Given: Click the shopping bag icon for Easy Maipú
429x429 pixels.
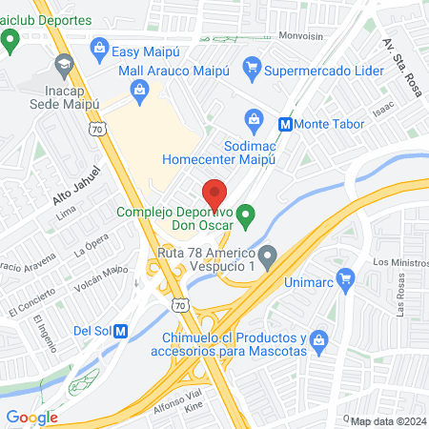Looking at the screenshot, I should click(99, 46).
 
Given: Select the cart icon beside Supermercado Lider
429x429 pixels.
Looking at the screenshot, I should click(252, 66).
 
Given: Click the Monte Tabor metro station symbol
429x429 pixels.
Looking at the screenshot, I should click(284, 123).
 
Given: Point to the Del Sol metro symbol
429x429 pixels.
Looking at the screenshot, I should click(121, 331).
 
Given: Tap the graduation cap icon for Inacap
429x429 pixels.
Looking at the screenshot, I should click(64, 66).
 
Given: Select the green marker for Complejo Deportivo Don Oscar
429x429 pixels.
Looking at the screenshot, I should click(246, 216).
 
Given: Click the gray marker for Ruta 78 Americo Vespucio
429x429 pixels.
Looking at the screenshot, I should click(268, 255).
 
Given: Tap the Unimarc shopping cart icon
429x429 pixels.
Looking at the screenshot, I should click(345, 282).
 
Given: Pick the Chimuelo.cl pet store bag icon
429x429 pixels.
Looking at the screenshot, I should click(321, 338).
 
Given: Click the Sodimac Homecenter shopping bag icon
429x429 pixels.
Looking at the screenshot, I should click(253, 118).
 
